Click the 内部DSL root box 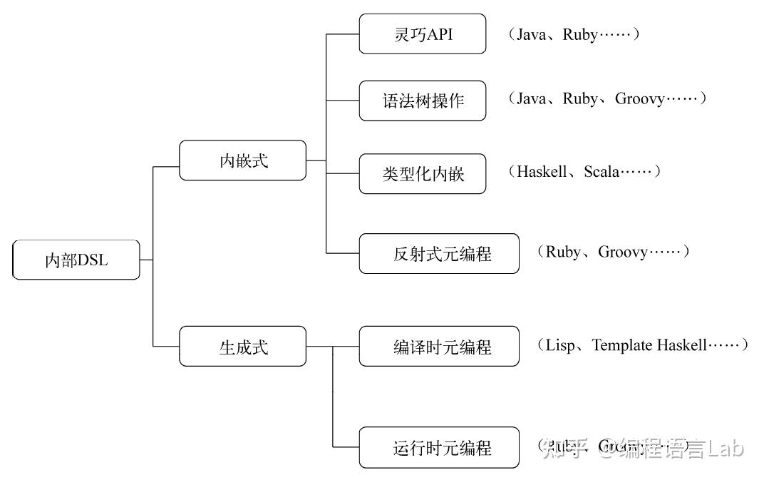click(x=76, y=260)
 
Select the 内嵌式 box click(x=243, y=160)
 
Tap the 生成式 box click(x=243, y=347)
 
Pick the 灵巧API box click(x=423, y=34)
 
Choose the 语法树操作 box click(x=423, y=101)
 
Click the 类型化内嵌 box click(x=423, y=173)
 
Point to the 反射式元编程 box click(x=439, y=253)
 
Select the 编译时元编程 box click(x=439, y=347)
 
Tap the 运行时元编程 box click(x=439, y=448)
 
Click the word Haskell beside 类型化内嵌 click(x=542, y=172)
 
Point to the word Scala click(x=602, y=172)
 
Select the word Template click(x=622, y=345)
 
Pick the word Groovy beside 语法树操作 click(x=639, y=99)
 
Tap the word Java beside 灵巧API click(x=531, y=34)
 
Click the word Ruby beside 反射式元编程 click(x=563, y=252)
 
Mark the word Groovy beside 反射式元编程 click(x=622, y=252)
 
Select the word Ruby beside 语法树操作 click(x=580, y=99)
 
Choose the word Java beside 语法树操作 click(x=531, y=99)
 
